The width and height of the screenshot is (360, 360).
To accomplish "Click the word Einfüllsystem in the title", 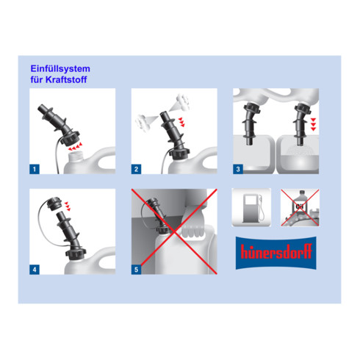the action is [60, 69].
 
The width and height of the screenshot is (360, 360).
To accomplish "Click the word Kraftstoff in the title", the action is [66, 79].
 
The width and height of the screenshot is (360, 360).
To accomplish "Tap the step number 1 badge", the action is [35, 169].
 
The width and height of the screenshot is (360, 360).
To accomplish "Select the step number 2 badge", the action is [136, 169].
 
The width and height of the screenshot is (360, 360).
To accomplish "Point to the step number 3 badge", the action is [238, 169].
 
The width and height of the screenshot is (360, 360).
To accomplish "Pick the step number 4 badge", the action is [35, 270].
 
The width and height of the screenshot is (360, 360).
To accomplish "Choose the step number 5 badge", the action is [136, 270].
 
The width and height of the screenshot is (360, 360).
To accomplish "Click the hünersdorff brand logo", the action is [276, 253].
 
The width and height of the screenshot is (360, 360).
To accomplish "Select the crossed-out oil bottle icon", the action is [300, 208].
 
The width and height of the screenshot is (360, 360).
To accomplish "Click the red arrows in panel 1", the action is [75, 147].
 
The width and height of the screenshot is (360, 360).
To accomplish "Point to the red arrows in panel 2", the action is [181, 122].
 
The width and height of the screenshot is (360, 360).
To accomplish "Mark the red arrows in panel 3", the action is [313, 124].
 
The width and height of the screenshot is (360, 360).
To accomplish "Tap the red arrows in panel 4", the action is [68, 206].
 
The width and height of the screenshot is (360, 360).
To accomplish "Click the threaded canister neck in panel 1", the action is [76, 156].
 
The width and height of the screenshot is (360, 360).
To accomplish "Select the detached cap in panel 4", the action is [54, 204].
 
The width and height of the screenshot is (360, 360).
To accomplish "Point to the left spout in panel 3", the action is [251, 123].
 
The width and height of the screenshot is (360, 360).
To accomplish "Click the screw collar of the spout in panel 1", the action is [70, 139].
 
